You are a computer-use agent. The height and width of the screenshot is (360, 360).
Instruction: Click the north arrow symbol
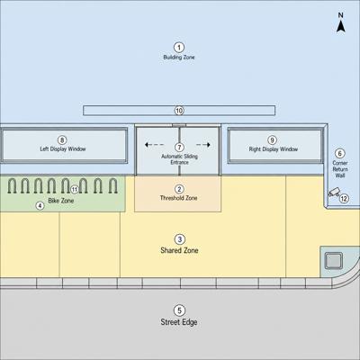[340, 26]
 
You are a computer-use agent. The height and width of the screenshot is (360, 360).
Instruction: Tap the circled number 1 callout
[179, 48]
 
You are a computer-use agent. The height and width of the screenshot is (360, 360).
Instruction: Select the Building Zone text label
[179, 57]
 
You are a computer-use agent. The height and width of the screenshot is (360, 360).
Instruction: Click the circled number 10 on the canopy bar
[179, 111]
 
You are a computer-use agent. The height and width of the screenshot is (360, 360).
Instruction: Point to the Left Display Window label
[63, 148]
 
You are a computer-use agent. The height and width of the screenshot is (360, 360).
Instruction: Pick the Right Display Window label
[274, 149]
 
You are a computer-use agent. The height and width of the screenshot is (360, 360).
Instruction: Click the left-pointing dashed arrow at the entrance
[154, 145]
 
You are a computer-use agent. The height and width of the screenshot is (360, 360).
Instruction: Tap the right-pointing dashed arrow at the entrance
[203, 145]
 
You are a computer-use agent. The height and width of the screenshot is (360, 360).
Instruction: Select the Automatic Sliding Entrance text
[179, 159]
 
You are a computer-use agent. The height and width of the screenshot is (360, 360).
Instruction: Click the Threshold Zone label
[179, 198]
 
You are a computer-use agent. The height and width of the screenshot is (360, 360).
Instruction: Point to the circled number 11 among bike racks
[75, 189]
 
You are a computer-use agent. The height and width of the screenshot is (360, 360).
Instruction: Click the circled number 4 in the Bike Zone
[40, 205]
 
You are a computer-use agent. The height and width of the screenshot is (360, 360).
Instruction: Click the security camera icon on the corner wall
[334, 192]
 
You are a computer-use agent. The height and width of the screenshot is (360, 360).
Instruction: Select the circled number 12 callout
[344, 199]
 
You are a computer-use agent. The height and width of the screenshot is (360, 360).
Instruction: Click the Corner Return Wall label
[340, 169]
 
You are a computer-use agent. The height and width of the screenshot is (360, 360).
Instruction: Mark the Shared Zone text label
[179, 250]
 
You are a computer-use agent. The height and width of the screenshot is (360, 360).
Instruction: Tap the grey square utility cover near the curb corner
[334, 260]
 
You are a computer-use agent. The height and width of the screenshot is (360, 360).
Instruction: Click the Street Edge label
[179, 322]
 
